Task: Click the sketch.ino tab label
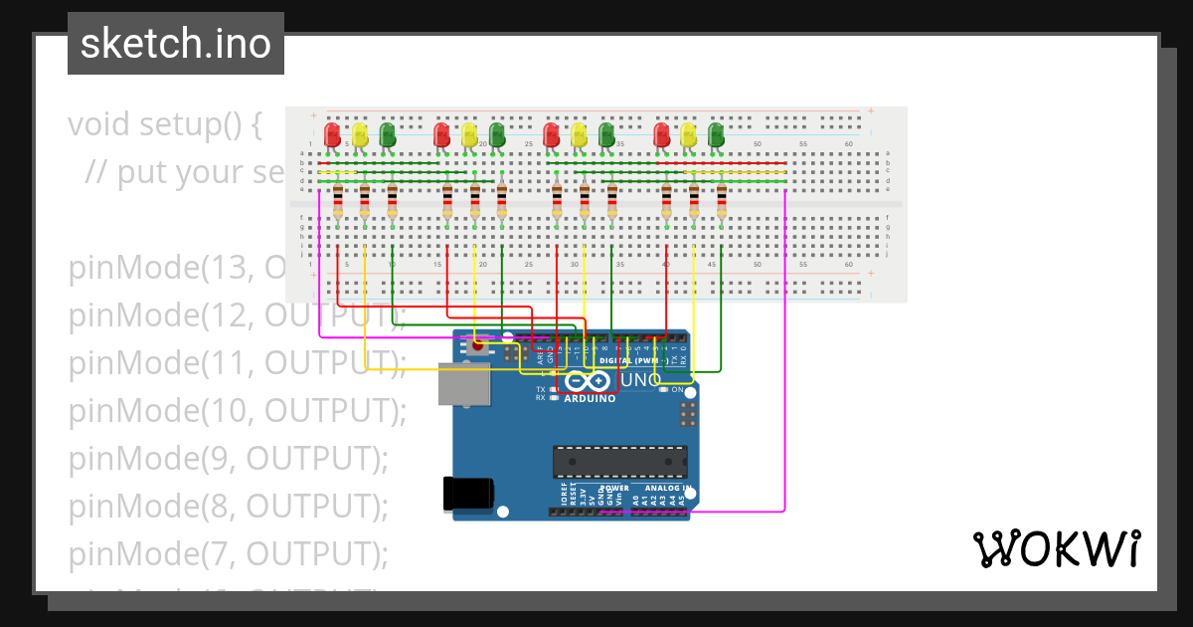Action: coord(175,44)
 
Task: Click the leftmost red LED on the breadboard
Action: coord(332,134)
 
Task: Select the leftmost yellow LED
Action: coord(360,134)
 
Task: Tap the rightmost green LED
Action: coord(716,134)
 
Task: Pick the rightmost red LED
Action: coord(662,134)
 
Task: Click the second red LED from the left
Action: coord(442,134)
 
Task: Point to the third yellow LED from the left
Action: coord(580,134)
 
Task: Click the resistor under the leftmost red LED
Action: coord(338,201)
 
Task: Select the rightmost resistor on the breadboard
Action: coord(722,201)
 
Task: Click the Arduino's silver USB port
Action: coord(464,384)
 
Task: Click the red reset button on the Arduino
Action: coord(478,347)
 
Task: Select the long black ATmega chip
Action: coord(620,461)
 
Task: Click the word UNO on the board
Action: coord(640,381)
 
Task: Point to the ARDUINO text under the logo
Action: coord(590,398)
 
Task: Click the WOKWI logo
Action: coord(1056,548)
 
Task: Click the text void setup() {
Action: coord(165,125)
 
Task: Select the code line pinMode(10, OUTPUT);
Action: coord(238,410)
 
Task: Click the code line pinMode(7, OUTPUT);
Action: coord(229,552)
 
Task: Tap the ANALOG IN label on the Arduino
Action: coord(667,489)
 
